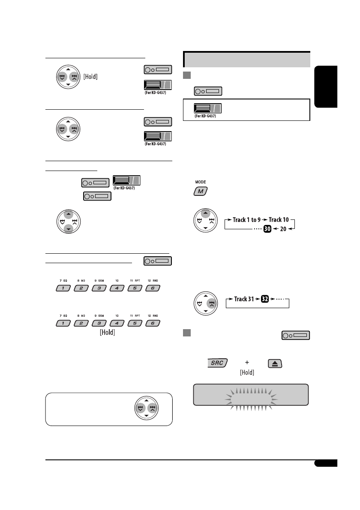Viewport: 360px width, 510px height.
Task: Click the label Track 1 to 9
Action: (247, 219)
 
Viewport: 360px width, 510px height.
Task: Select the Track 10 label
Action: (281, 219)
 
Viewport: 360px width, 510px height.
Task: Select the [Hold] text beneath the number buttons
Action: (108, 332)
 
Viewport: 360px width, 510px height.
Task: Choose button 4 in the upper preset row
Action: (117, 288)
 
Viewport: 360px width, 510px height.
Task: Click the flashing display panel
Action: (250, 394)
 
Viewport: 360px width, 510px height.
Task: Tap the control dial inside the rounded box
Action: (146, 408)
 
